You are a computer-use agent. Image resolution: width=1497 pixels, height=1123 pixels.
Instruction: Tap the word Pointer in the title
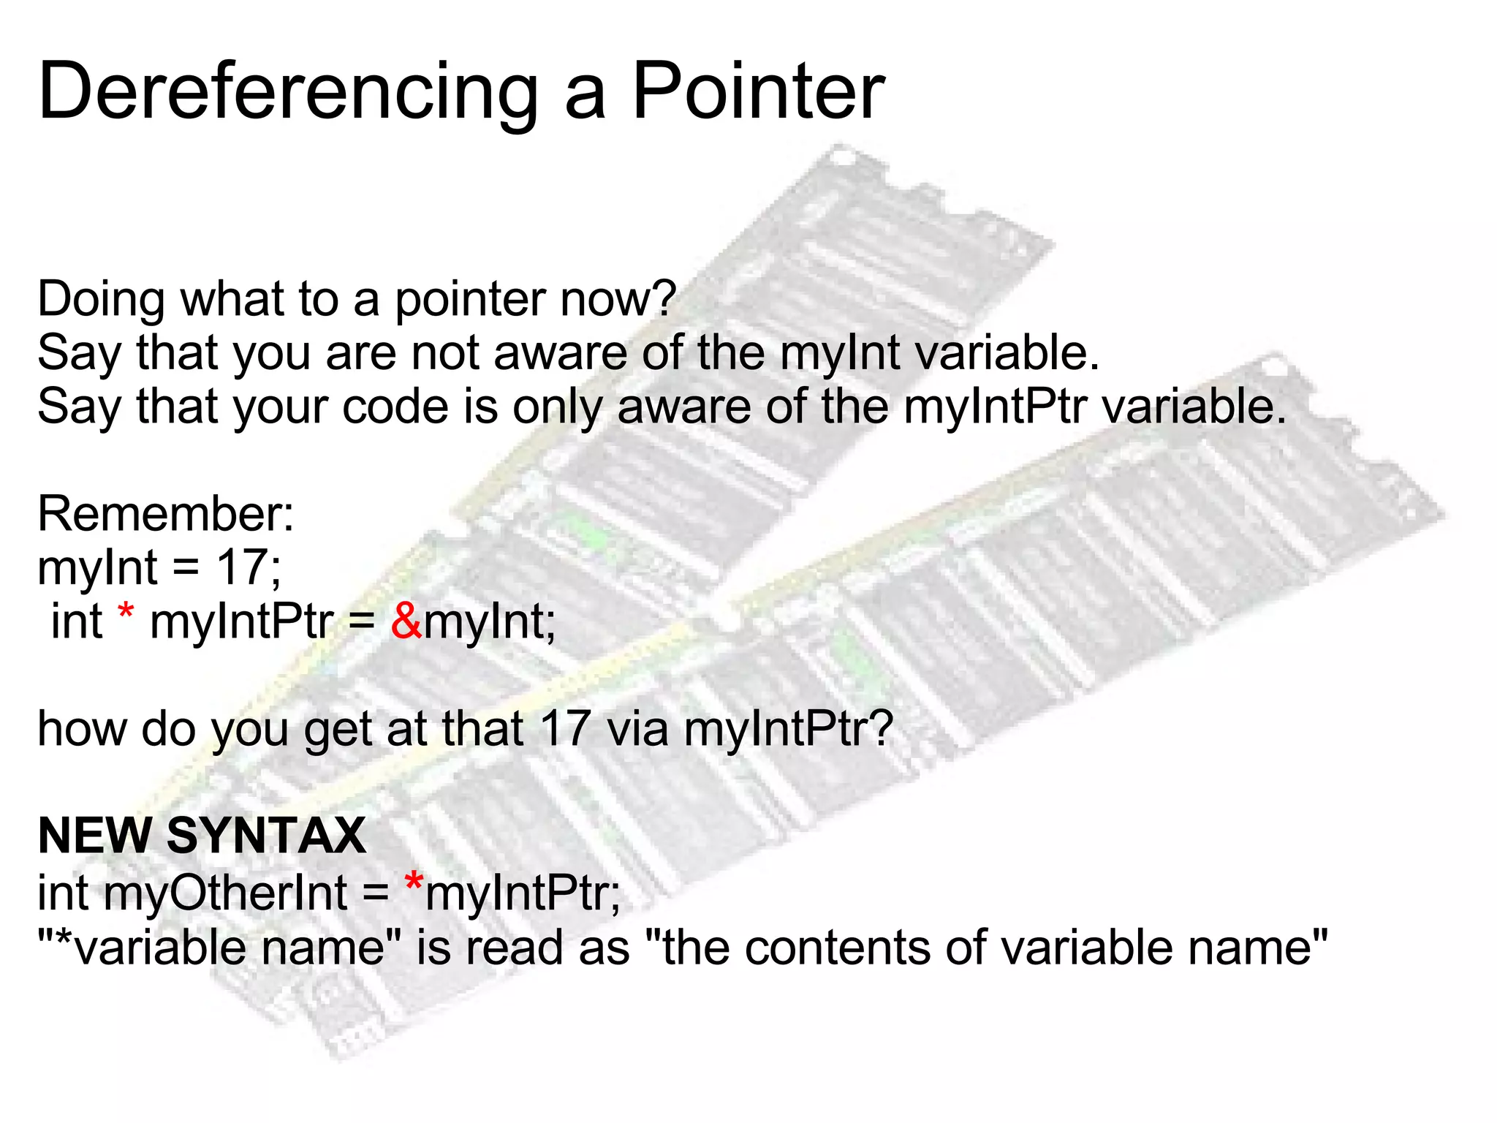click(x=758, y=92)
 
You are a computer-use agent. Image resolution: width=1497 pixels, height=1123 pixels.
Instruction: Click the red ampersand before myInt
click(x=406, y=621)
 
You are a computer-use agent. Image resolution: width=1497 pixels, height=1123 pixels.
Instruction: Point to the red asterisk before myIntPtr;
click(x=414, y=882)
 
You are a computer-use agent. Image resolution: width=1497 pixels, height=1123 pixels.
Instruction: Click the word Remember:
click(x=166, y=514)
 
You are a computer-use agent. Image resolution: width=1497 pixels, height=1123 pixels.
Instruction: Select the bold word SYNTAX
click(x=266, y=836)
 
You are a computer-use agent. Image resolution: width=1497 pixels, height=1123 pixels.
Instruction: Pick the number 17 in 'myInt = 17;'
click(x=240, y=567)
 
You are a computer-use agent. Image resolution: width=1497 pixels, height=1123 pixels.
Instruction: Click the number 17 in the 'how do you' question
click(x=564, y=729)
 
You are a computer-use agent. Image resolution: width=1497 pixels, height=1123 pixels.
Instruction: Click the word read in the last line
click(x=515, y=948)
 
